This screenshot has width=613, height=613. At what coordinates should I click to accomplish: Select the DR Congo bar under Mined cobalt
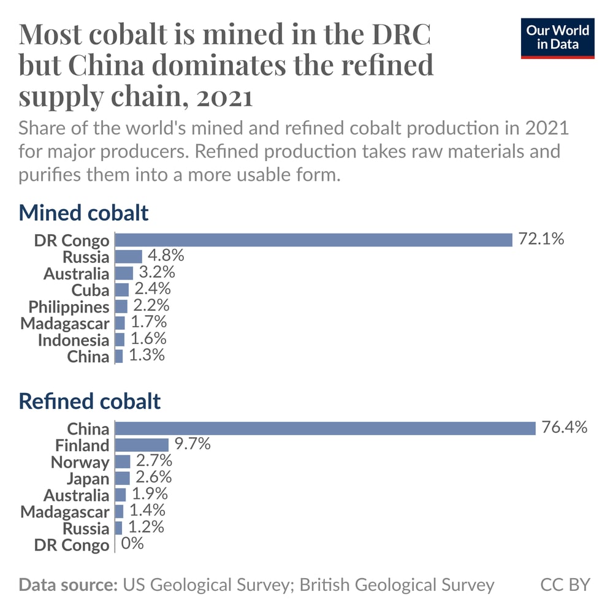click(313, 240)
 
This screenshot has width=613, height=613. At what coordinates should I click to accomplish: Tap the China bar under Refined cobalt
click(326, 428)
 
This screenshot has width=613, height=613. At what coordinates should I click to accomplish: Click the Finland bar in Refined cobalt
click(142, 445)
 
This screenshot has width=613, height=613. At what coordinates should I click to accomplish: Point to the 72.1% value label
click(541, 239)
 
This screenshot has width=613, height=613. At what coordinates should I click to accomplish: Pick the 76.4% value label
click(565, 427)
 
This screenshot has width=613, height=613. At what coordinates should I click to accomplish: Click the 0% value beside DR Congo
click(132, 543)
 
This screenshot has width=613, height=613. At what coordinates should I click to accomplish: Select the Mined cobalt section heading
click(84, 213)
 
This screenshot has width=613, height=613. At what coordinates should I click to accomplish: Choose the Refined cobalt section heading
click(90, 402)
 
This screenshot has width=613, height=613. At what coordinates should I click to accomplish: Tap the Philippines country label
click(69, 306)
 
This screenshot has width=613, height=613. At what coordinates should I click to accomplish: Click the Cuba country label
click(90, 290)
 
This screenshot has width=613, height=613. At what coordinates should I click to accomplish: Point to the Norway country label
click(80, 462)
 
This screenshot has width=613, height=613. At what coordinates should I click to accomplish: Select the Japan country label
click(88, 479)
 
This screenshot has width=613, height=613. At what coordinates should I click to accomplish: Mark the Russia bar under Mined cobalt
click(129, 256)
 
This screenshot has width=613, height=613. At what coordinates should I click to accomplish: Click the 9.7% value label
click(192, 444)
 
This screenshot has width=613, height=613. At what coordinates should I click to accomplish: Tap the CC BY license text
click(565, 584)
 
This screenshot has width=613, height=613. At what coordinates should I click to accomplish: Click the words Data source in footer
click(68, 584)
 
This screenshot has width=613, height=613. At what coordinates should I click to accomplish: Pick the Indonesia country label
click(74, 340)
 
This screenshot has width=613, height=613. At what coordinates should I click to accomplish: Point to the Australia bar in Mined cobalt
click(124, 273)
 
